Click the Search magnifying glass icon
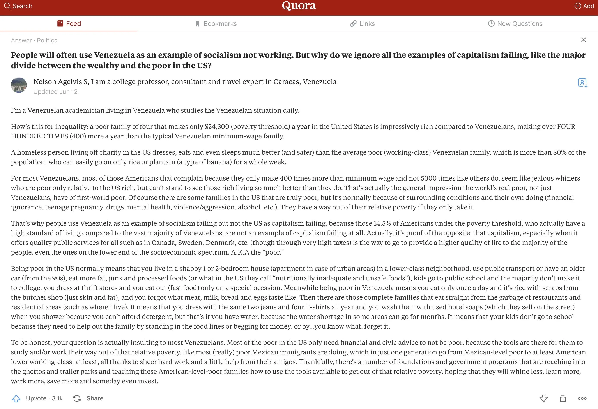click(7, 6)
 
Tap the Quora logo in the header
click(299, 6)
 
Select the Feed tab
click(69, 24)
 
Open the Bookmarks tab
click(216, 24)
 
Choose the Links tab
click(362, 24)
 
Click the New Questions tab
click(515, 24)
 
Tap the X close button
click(583, 40)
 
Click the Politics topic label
click(47, 40)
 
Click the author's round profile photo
click(19, 85)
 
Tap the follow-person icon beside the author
click(582, 83)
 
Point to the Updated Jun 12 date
click(55, 92)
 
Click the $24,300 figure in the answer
click(217, 127)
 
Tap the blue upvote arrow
click(16, 398)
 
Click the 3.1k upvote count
click(57, 398)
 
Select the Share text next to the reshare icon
click(95, 398)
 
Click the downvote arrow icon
click(543, 398)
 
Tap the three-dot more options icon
click(582, 398)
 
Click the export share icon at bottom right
click(563, 398)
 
